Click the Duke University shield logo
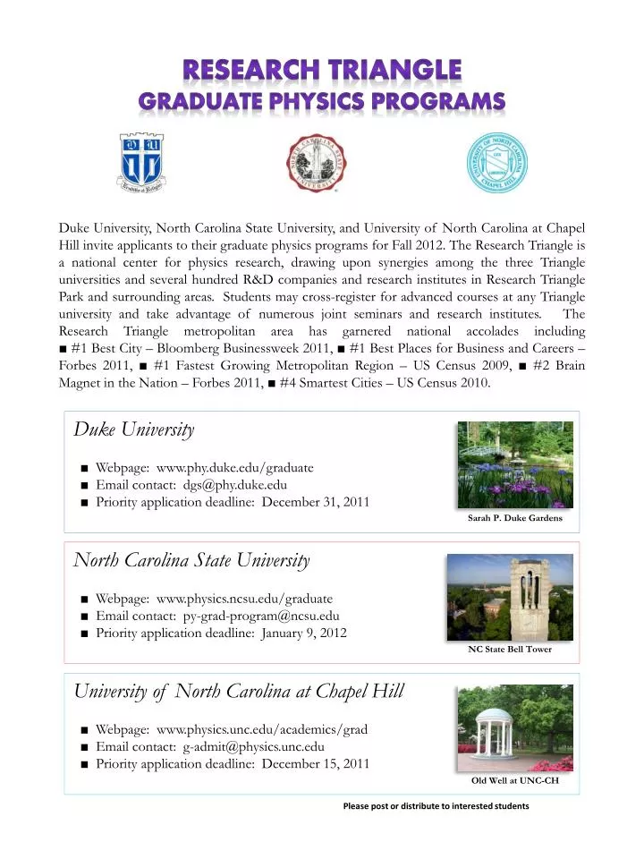(x=147, y=162)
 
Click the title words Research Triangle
(x=322, y=69)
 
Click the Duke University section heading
(x=134, y=429)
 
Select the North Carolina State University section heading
(x=191, y=561)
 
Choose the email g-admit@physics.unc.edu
(x=254, y=745)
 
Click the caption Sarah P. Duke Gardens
(x=514, y=519)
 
